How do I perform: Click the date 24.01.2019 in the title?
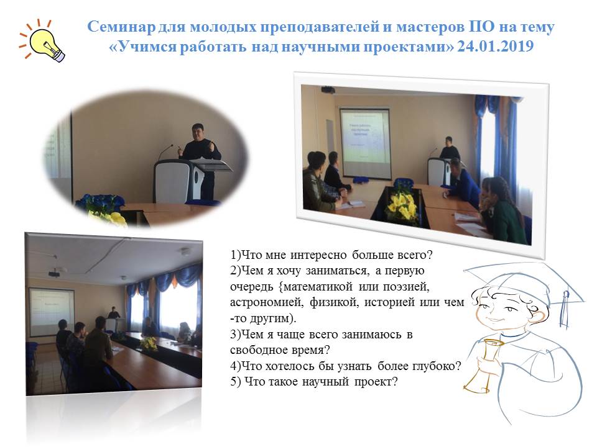tap(496, 47)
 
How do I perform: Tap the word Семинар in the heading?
tap(121, 27)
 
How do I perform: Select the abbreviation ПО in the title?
tap(481, 27)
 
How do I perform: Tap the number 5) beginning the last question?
tap(235, 382)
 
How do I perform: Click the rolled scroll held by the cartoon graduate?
tap(482, 364)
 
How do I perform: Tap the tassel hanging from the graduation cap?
tap(565, 309)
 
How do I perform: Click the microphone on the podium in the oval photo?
tap(166, 151)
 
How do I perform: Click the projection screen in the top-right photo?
tap(364, 143)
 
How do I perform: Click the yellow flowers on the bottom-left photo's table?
tap(149, 343)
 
